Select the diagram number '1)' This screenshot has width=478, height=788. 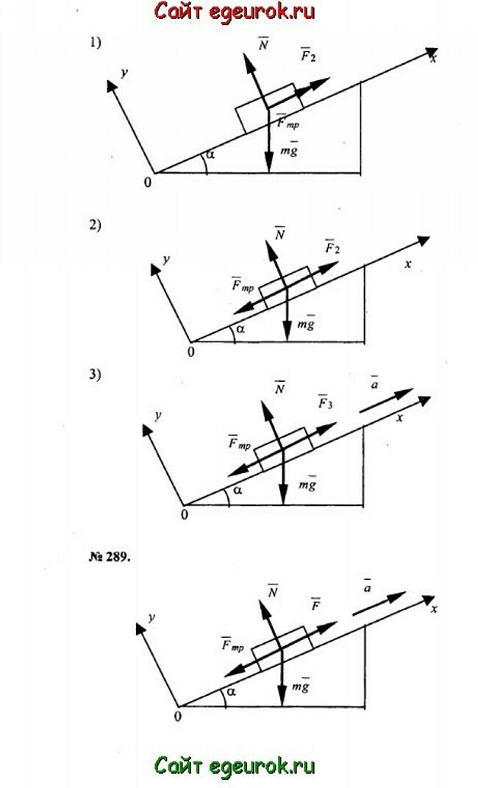(x=96, y=43)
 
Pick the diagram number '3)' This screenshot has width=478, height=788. (x=96, y=374)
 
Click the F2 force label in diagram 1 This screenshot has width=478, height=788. (x=307, y=55)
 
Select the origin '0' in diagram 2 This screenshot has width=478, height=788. (x=191, y=352)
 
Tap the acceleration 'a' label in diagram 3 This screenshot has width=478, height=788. (x=374, y=386)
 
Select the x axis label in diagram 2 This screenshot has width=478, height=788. (x=407, y=263)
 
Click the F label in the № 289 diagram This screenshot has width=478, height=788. (x=315, y=605)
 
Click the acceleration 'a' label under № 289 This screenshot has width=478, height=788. (x=366, y=586)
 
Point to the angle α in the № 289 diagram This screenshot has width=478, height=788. (x=230, y=692)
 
